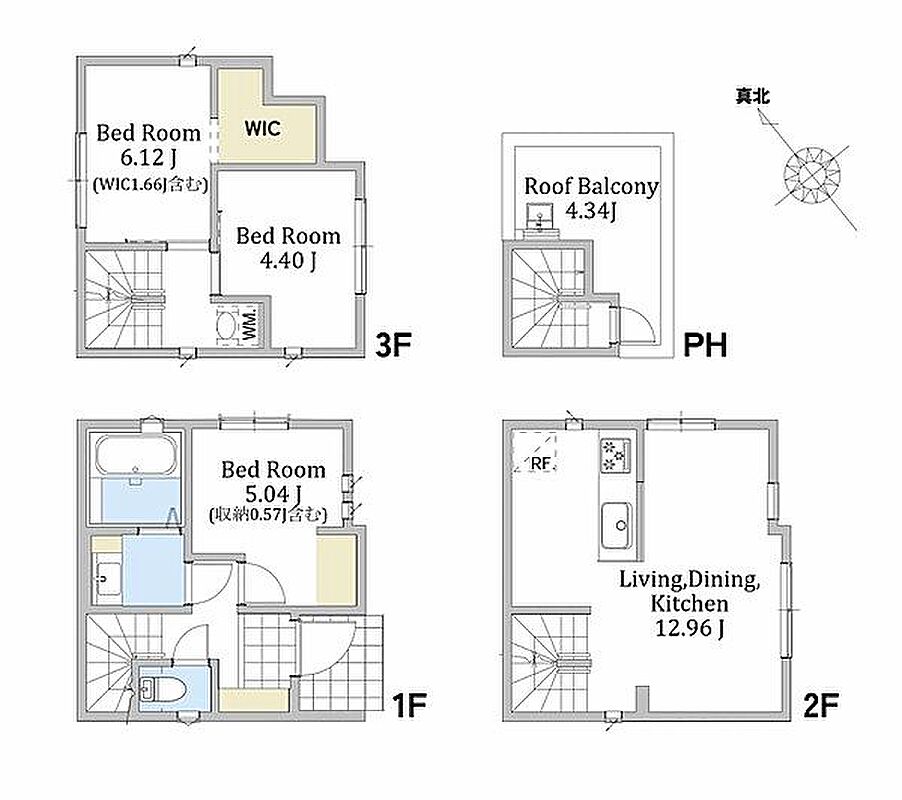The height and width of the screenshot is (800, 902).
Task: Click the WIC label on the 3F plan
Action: pyautogui.click(x=263, y=128)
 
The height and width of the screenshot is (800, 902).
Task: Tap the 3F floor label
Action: pyautogui.click(x=393, y=345)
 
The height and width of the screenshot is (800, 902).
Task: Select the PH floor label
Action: pyautogui.click(x=705, y=345)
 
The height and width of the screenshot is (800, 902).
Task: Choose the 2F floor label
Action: pyautogui.click(x=820, y=705)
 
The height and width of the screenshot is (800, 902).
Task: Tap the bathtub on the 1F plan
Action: pyautogui.click(x=136, y=455)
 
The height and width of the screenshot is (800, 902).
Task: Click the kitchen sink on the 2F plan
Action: pyautogui.click(x=617, y=526)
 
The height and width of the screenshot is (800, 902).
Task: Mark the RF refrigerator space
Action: pyautogui.click(x=535, y=453)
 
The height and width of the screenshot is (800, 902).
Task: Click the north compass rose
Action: pyautogui.click(x=812, y=174)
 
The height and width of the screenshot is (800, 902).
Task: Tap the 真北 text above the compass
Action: pyautogui.click(x=752, y=96)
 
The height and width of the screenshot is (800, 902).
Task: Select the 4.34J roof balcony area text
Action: pyautogui.click(x=591, y=211)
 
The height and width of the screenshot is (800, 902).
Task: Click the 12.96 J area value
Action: pyautogui.click(x=690, y=627)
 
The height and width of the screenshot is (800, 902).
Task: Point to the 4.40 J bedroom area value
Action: pyautogui.click(x=288, y=261)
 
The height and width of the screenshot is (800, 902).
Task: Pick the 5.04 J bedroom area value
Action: pyautogui.click(x=273, y=493)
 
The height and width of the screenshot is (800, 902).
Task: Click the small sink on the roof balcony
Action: pyautogui.click(x=540, y=217)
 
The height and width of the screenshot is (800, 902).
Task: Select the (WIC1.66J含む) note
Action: pyautogui.click(x=150, y=184)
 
